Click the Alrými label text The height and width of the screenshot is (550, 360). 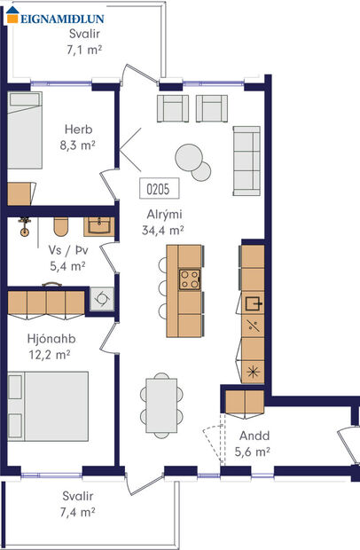point(165,214)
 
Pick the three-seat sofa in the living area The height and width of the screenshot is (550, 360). point(246,160)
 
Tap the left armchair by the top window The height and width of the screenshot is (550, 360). point(173,108)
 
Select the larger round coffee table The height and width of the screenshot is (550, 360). point(190,157)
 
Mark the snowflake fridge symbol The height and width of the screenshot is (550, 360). point(253,370)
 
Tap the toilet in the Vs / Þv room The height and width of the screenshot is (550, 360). point(62,226)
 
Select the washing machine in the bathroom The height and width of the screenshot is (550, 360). point(101,299)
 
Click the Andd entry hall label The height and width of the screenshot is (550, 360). point(253,436)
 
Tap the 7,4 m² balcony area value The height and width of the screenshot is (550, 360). point(78,512)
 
